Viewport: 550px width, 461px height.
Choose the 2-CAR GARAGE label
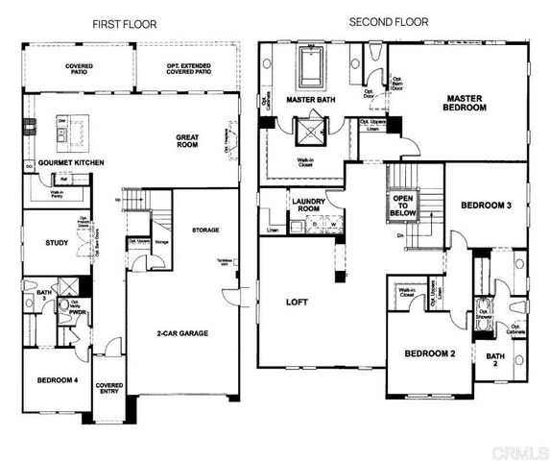183,333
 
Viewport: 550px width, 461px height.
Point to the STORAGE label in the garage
205,230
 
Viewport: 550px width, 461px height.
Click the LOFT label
297,301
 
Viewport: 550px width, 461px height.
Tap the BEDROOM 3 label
487,206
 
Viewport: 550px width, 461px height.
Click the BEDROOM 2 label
428,353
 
